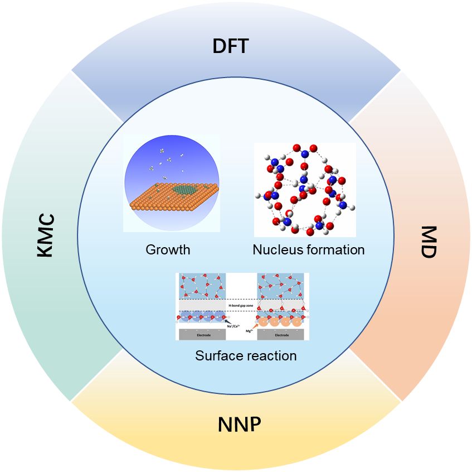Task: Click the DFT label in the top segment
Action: tap(230, 46)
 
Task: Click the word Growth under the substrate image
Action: tap(168, 249)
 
